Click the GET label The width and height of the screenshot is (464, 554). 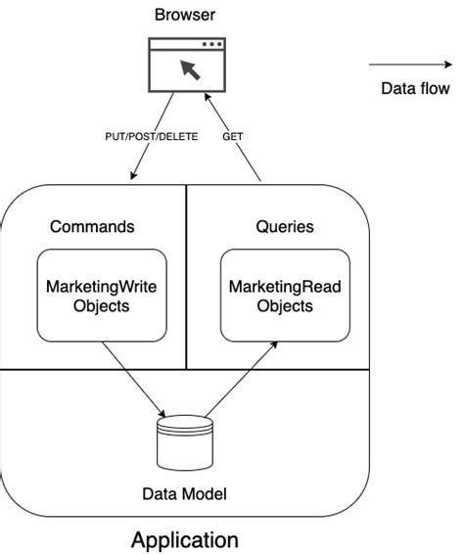click(x=234, y=136)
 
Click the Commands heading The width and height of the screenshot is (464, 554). click(x=92, y=226)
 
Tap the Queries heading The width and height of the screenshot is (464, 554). click(x=285, y=226)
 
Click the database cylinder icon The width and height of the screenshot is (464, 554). click(x=185, y=442)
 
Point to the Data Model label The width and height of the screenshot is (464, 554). click(x=185, y=495)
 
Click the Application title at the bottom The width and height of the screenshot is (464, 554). click(x=185, y=539)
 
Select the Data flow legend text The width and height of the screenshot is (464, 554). click(x=415, y=89)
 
